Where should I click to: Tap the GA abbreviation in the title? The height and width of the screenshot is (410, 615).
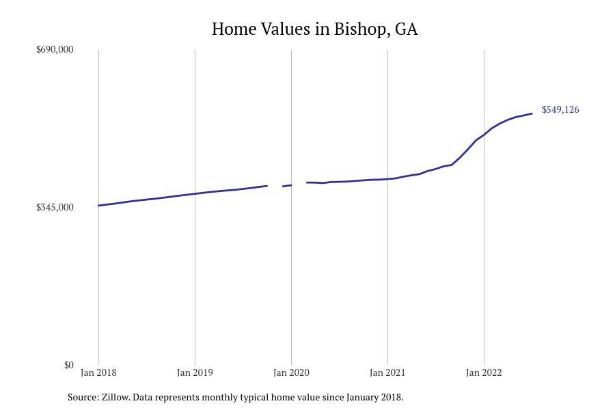(x=406, y=29)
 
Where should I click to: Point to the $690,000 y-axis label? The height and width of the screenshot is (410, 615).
(x=55, y=49)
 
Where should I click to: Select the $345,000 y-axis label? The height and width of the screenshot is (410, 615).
(x=55, y=207)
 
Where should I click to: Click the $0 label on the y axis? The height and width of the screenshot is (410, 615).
(x=68, y=365)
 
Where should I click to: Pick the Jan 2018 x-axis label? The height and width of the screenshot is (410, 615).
(x=98, y=372)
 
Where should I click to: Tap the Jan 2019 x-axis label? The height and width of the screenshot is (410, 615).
(x=195, y=372)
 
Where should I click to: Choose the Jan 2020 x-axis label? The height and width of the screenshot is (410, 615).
(x=291, y=372)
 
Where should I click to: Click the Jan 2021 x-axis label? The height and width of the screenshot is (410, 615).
(x=387, y=372)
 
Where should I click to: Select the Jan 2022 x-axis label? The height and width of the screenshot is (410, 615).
(x=484, y=372)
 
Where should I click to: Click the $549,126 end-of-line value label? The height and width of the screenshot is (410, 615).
(x=560, y=109)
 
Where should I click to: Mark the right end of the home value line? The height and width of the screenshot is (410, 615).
(x=532, y=113)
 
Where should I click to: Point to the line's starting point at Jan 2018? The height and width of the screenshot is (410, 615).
(x=99, y=205)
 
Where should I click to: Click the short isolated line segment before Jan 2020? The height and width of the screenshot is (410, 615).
(x=287, y=185)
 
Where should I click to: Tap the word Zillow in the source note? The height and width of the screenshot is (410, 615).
(x=115, y=397)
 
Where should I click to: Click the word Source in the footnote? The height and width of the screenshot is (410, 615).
(x=83, y=397)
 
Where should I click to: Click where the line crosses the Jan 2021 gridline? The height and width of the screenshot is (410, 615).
(x=387, y=179)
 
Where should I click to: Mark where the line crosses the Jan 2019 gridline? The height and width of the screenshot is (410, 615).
(x=195, y=193)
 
